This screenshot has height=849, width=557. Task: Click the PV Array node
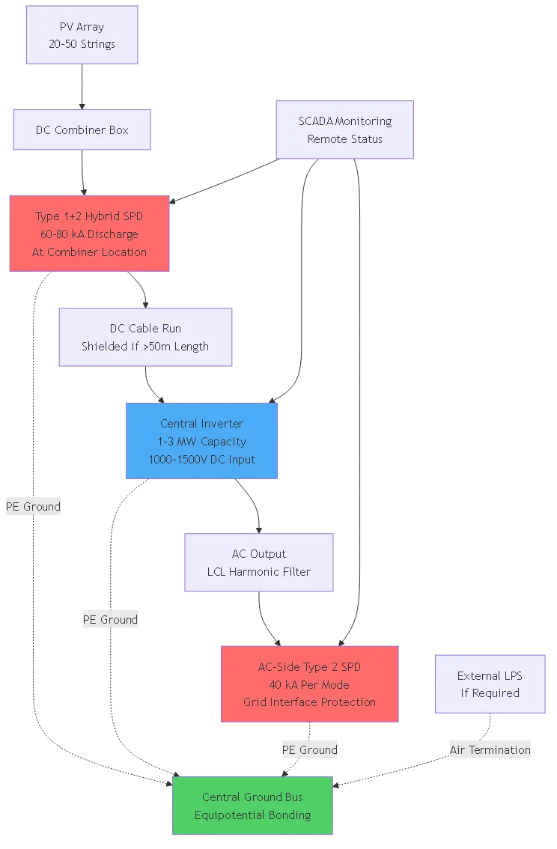[82, 35]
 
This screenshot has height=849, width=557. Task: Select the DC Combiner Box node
[82, 130]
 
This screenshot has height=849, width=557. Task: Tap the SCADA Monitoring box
[345, 130]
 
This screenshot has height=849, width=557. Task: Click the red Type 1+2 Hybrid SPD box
[89, 234]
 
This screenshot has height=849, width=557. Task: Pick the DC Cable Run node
[145, 337]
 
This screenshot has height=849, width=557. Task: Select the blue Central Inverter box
[202, 441]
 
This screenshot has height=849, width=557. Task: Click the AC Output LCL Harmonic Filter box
[259, 562]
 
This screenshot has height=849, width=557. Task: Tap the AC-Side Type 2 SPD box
[309, 684]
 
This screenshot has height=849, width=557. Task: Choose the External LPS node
[490, 684]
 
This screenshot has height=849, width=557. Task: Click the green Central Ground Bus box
[252, 806]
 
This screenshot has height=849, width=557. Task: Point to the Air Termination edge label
[490, 749]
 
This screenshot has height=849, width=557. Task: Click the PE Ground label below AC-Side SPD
[309, 749]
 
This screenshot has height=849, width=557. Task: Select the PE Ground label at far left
[32, 507]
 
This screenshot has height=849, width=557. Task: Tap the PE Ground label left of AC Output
[110, 619]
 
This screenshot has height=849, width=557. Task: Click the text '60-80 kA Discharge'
[89, 234]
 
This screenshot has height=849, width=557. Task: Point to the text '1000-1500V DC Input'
[202, 460]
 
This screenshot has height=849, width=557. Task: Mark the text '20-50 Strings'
[82, 44]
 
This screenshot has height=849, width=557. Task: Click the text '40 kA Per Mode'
[309, 684]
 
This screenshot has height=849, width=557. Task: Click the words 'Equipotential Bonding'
[252, 815]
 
